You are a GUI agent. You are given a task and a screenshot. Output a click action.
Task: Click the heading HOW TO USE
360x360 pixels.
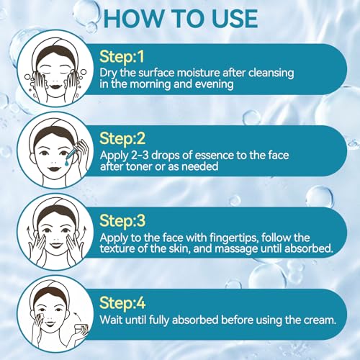coord(181,19)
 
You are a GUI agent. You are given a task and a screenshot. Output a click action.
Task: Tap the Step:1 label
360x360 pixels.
coord(122,58)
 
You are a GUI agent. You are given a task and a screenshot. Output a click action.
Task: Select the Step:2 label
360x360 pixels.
coord(122,139)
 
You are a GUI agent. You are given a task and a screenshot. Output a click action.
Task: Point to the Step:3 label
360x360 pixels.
coord(122,221)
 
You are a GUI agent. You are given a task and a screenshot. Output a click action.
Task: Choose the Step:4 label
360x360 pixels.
coord(122,303)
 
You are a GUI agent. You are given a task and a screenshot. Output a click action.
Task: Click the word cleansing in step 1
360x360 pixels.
coord(271,73)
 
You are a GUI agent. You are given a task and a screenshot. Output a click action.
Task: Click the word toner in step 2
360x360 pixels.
coord(139,166)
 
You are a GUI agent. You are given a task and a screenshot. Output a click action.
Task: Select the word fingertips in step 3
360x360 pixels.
coord(233,238)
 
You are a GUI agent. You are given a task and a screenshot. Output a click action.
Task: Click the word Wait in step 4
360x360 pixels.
coord(111,320)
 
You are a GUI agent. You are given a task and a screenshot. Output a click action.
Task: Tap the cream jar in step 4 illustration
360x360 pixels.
coord(81,330)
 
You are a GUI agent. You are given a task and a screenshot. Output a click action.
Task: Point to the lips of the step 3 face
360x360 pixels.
coord(56,246)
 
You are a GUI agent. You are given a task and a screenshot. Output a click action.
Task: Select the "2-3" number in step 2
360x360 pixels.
coord(140,156)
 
